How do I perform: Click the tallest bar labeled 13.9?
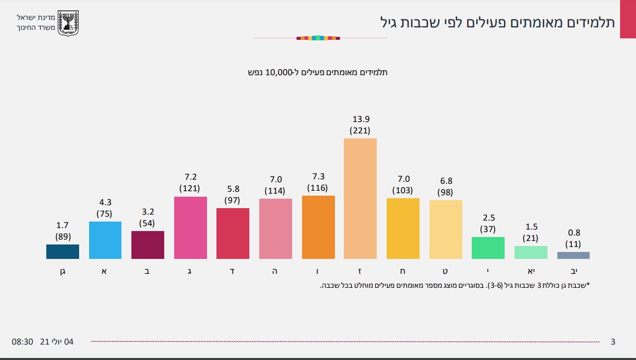[x=360, y=198]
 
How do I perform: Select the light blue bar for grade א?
[x=105, y=240]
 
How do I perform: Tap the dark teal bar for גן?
[x=62, y=251]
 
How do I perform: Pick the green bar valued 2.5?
[x=488, y=247]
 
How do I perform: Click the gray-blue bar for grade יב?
[x=573, y=255]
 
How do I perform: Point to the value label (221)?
[x=360, y=131]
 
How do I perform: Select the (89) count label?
[x=62, y=237]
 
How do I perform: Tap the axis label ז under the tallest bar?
[x=360, y=272]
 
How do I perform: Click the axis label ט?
[x=445, y=272]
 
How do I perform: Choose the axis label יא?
[x=530, y=272]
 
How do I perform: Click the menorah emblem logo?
[x=69, y=23]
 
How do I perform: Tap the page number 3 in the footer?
[x=613, y=342]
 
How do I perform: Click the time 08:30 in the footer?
[x=22, y=342]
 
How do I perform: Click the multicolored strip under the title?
[x=318, y=38]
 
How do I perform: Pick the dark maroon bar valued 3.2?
[x=147, y=244]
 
